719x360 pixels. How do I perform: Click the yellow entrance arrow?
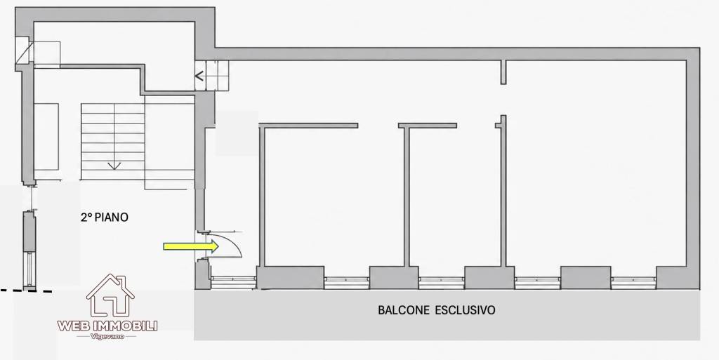click(191, 246)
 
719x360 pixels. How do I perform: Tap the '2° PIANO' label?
click(105, 217)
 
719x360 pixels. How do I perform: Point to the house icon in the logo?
click(110, 295)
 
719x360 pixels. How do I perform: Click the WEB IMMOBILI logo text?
click(107, 326)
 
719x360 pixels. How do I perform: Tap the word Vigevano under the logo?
click(107, 337)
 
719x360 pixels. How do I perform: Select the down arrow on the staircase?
click(114, 166)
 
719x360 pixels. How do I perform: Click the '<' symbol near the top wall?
click(199, 76)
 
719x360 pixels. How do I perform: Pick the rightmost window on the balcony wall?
click(633, 282)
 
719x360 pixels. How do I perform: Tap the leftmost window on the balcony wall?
click(233, 282)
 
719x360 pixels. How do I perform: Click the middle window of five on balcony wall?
click(442, 282)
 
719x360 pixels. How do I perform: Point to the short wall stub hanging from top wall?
click(503, 72)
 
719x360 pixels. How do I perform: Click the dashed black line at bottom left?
click(26, 291)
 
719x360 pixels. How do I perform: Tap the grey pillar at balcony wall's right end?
click(678, 278)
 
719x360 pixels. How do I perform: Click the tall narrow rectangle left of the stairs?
click(46, 136)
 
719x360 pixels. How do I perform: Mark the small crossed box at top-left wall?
click(23, 51)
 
